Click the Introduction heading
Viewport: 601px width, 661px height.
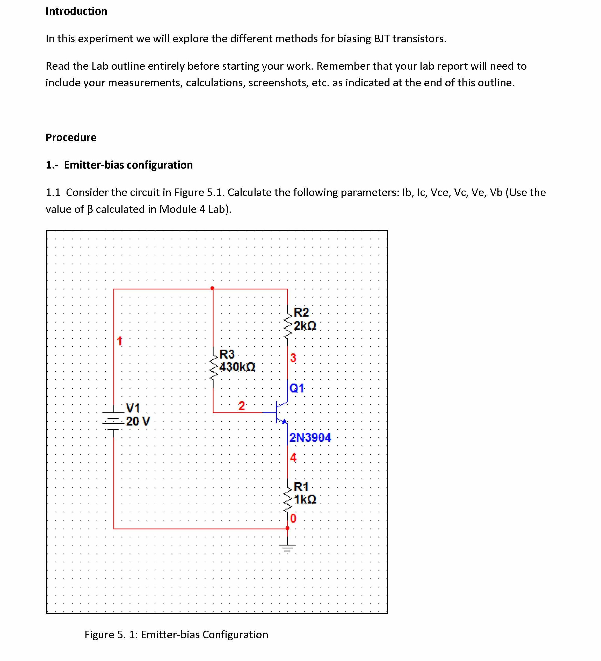[x=76, y=11]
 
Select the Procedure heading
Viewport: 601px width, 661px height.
[x=71, y=137]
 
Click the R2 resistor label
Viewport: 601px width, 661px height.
[x=301, y=312]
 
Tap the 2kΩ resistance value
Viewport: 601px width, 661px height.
[x=305, y=326]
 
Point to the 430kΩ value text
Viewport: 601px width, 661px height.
[x=237, y=367]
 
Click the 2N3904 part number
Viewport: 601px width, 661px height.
[x=310, y=437]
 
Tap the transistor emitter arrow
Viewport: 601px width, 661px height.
[x=284, y=421]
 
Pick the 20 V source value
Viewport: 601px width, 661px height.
[x=138, y=421]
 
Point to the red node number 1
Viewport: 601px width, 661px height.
[x=119, y=341]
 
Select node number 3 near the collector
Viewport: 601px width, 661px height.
[x=293, y=358]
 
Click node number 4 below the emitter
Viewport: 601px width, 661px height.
[x=293, y=457]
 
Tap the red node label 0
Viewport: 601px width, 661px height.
[x=293, y=518]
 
